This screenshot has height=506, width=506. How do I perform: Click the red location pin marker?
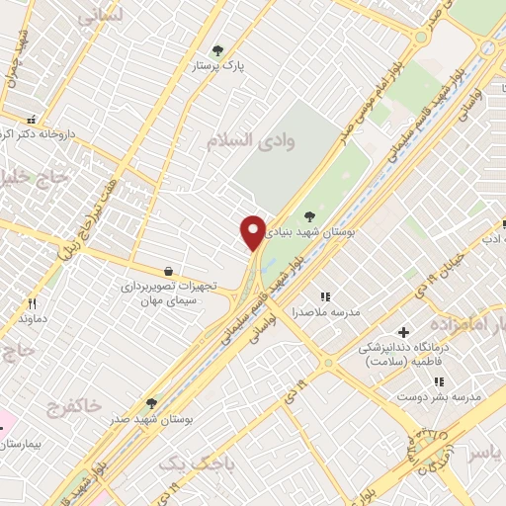pyautogui.click(x=253, y=232)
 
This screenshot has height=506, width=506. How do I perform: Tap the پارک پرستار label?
pyautogui.click(x=219, y=66)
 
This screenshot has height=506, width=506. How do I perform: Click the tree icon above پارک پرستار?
pyautogui.click(x=218, y=49)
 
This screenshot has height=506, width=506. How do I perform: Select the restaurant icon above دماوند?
pyautogui.click(x=32, y=303)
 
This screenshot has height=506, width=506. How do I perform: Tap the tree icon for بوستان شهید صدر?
pyautogui.click(x=151, y=403)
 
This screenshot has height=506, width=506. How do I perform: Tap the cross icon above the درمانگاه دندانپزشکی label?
pyautogui.click(x=402, y=332)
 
